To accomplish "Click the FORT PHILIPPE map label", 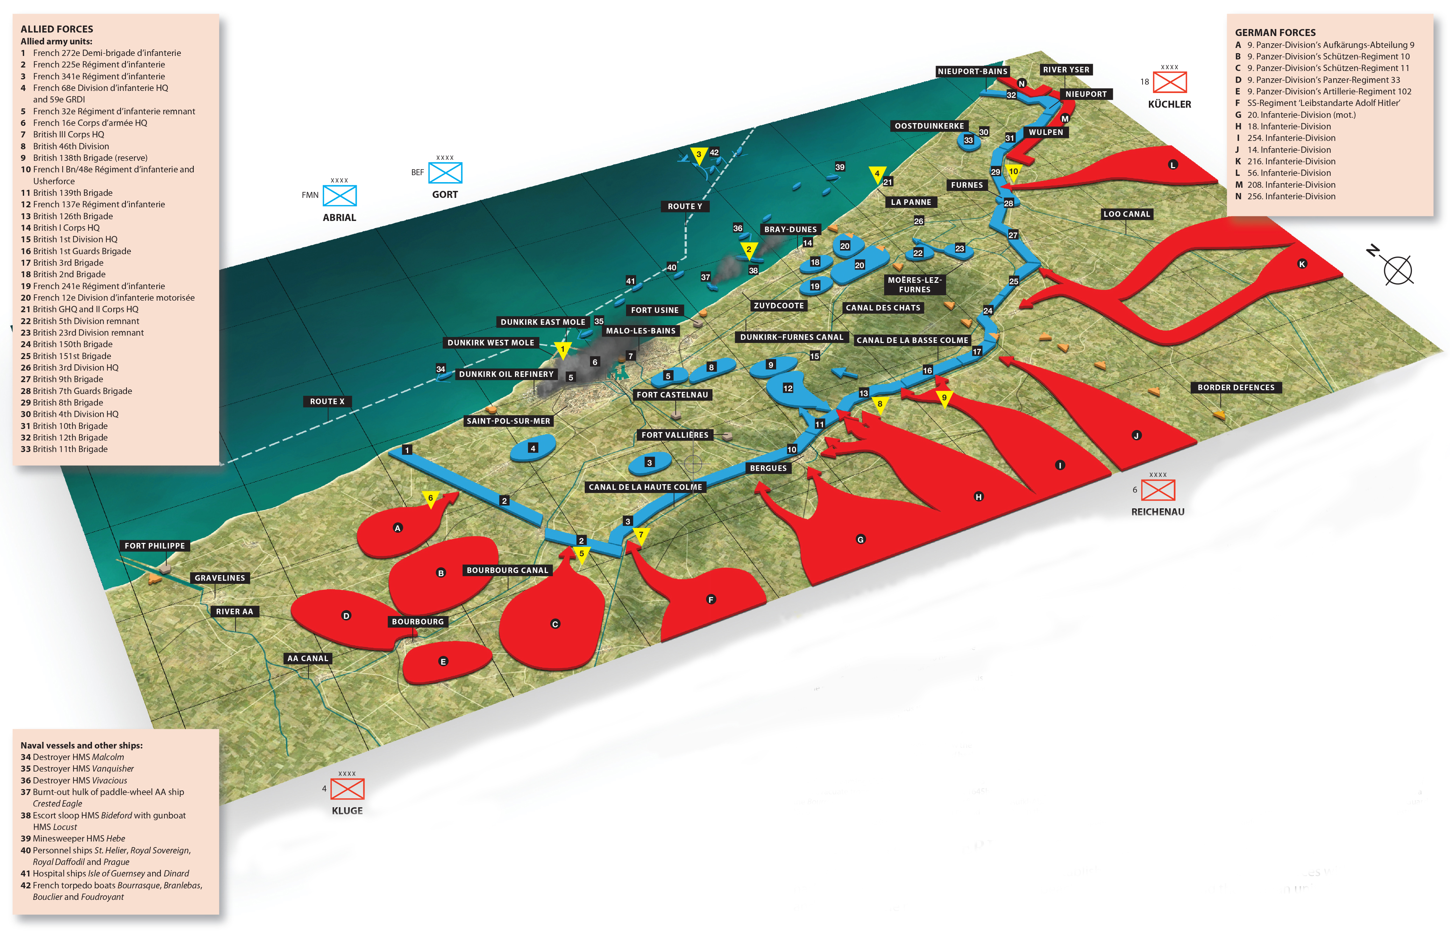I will pos(155,546).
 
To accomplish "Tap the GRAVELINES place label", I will pos(220,578).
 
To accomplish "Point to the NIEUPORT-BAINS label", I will pos(972,71).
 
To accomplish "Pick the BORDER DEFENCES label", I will pos(1235,387).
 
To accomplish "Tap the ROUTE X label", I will pos(327,401).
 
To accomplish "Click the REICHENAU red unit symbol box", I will pos(1157,490).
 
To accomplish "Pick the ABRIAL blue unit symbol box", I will pos(339,196).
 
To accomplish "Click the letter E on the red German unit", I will pos(443,661).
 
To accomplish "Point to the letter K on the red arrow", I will pos(1302,264).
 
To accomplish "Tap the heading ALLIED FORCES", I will pos(57,29).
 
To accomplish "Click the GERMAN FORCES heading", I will pos(1275,33).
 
